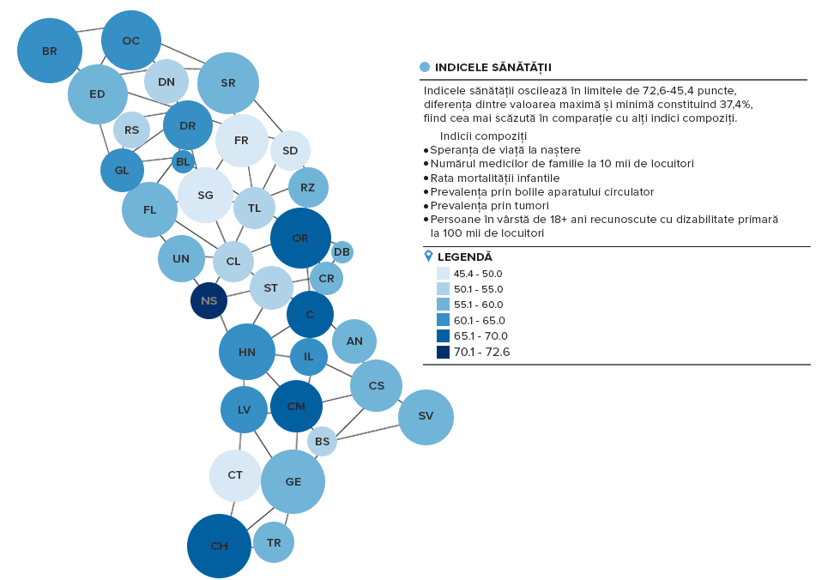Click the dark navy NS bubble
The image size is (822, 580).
coord(209,300)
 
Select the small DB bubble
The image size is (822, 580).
coord(341,252)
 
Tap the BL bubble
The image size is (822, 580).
coord(183,162)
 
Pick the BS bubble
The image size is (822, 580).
coord(322,442)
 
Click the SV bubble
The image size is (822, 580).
coord(426,417)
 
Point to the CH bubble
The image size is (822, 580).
coord(219,546)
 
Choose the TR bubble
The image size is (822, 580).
coord(274,543)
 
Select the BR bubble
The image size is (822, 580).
coord(50,51)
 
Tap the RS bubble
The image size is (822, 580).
coord(131,130)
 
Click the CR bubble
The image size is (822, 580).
coord(326,279)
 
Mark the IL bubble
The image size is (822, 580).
coord(309,357)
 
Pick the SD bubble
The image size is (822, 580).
coord(290,150)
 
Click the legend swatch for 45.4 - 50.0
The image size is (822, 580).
coord(443,274)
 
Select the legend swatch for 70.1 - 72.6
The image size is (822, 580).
coord(443,352)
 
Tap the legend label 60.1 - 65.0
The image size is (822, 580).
coord(479,320)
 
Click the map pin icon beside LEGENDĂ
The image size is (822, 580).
coord(428,256)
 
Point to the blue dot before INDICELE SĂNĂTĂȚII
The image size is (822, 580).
coord(425,67)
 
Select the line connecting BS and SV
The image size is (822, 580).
coord(367,432)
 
